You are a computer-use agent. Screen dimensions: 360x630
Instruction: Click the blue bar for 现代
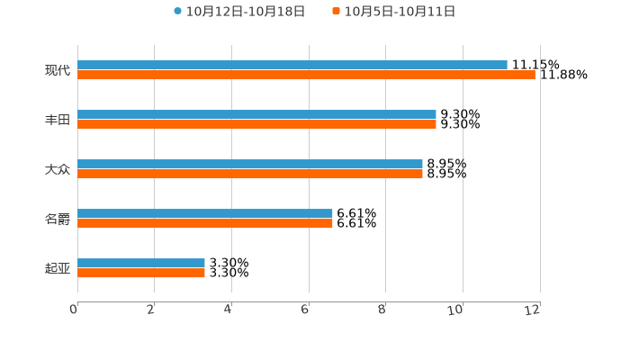coord(292,65)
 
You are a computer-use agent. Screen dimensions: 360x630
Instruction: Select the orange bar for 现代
coord(306,75)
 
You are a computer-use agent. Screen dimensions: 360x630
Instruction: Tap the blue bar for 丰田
coord(256,114)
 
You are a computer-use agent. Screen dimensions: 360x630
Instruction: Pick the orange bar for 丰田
coord(256,124)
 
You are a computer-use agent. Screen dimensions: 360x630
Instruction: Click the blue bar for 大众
coord(250,164)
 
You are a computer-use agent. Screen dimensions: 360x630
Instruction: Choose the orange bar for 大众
coord(250,174)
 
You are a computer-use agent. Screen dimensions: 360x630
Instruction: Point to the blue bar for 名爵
coord(205,213)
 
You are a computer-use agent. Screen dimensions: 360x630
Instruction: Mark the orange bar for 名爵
coord(205,223)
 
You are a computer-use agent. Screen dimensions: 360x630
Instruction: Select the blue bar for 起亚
coord(141,263)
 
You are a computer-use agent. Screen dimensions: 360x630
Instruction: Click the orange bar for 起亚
coord(141,273)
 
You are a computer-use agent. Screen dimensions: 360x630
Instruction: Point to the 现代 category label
coord(58,70)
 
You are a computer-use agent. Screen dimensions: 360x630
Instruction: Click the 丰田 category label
coord(58,120)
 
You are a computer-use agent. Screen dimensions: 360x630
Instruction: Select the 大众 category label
coord(58,169)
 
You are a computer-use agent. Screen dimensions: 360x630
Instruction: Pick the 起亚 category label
coord(58,268)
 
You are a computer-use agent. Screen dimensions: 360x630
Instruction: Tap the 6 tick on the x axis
coord(305,310)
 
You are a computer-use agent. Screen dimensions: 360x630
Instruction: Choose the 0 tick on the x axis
coord(74,310)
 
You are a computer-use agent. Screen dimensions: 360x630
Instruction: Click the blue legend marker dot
coord(177,12)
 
